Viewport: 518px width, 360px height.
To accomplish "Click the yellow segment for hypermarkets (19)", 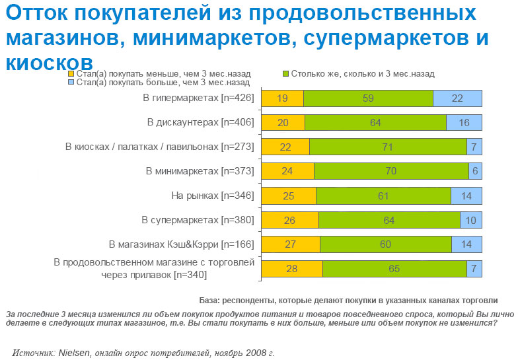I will click(x=282, y=98).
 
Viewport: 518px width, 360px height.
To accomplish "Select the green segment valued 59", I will click(x=368, y=98).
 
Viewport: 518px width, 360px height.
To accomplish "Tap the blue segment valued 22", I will click(x=457, y=98).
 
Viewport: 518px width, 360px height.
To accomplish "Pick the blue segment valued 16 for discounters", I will click(x=464, y=122).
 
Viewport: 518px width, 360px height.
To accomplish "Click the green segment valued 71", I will click(x=388, y=147).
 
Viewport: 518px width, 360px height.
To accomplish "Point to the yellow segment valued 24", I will click(x=287, y=171).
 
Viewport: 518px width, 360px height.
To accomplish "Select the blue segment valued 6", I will click(x=475, y=171).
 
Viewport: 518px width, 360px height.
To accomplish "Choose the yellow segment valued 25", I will click(x=289, y=196).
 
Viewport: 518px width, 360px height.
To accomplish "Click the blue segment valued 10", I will click(x=470, y=220).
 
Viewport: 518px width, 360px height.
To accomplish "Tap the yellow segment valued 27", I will click(x=291, y=244).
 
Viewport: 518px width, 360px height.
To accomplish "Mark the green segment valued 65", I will click(x=394, y=269).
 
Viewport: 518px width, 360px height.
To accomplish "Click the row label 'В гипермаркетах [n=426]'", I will click(x=198, y=98).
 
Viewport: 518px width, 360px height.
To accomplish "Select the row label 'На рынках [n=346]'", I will click(x=212, y=196).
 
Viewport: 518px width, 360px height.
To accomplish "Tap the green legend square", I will click(x=285, y=74).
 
